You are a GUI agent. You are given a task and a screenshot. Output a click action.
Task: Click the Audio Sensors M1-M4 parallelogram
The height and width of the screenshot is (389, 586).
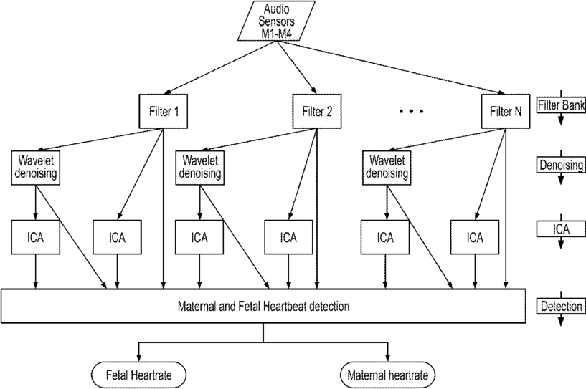pos(277,21)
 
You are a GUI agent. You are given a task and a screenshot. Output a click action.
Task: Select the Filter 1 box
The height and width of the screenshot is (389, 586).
pos(164,111)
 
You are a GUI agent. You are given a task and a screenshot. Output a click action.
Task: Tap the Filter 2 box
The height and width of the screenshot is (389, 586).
pos(317,111)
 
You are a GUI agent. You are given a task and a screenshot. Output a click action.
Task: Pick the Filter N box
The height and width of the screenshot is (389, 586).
pos(506,111)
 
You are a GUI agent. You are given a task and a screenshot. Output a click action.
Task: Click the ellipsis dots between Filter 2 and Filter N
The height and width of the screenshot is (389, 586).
pos(412,111)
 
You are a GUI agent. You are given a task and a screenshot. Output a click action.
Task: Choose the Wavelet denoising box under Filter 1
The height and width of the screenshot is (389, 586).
pos(35,168)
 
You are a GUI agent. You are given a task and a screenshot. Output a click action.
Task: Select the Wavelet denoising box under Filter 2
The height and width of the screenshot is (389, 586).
pos(200,168)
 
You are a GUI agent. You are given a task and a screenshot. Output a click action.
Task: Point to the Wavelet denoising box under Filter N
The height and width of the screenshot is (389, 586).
pos(387,168)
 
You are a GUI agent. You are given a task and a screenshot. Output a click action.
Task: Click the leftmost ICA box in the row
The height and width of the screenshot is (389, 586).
pos(35,237)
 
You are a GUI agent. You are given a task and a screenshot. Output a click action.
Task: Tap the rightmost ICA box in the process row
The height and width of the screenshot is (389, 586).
pos(475,237)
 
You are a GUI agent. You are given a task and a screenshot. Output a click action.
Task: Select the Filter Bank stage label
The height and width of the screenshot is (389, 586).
pos(561,105)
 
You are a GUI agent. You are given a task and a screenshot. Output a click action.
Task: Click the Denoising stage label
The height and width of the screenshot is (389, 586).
pos(561,165)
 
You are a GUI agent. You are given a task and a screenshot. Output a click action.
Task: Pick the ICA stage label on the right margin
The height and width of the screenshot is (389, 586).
pos(561,229)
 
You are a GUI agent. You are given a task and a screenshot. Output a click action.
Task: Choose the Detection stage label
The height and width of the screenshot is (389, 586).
pos(561,307)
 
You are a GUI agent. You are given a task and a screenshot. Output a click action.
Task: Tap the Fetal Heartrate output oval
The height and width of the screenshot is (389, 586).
pos(138,375)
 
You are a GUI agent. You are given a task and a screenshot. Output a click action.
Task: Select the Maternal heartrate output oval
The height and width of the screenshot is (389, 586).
pos(387,375)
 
